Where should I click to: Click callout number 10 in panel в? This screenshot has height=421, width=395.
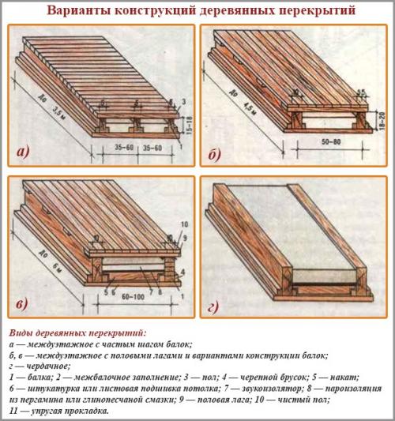tap(184, 226)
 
